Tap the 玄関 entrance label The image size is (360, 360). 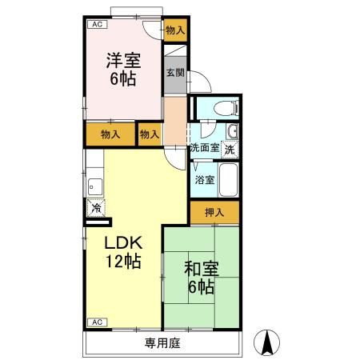(174, 72)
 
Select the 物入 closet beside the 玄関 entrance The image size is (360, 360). (175, 30)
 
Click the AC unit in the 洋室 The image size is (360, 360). (96, 25)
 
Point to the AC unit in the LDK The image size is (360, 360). (96, 322)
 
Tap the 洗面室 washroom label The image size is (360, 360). (204, 148)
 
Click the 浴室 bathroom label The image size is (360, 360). (205, 179)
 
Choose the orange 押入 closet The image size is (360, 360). (214, 213)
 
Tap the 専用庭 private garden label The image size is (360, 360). (161, 343)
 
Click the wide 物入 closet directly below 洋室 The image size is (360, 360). (110, 134)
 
